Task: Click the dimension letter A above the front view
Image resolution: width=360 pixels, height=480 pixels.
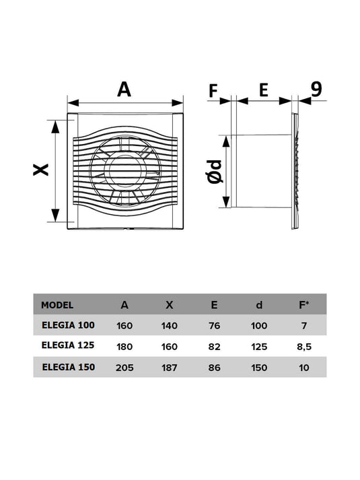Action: (x=124, y=90)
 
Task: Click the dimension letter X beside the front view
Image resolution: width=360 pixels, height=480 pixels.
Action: (x=41, y=170)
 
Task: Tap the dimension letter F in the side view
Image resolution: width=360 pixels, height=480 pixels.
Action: (x=213, y=91)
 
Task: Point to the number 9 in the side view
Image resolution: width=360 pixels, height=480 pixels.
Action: (x=316, y=89)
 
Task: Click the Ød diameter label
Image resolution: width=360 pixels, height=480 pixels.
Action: (x=215, y=172)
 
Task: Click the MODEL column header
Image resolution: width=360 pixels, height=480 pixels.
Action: (x=57, y=305)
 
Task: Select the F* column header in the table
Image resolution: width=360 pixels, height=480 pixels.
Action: (x=303, y=304)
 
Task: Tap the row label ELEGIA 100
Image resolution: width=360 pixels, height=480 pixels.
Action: (x=68, y=325)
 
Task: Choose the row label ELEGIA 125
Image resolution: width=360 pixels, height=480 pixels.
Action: (x=68, y=345)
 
